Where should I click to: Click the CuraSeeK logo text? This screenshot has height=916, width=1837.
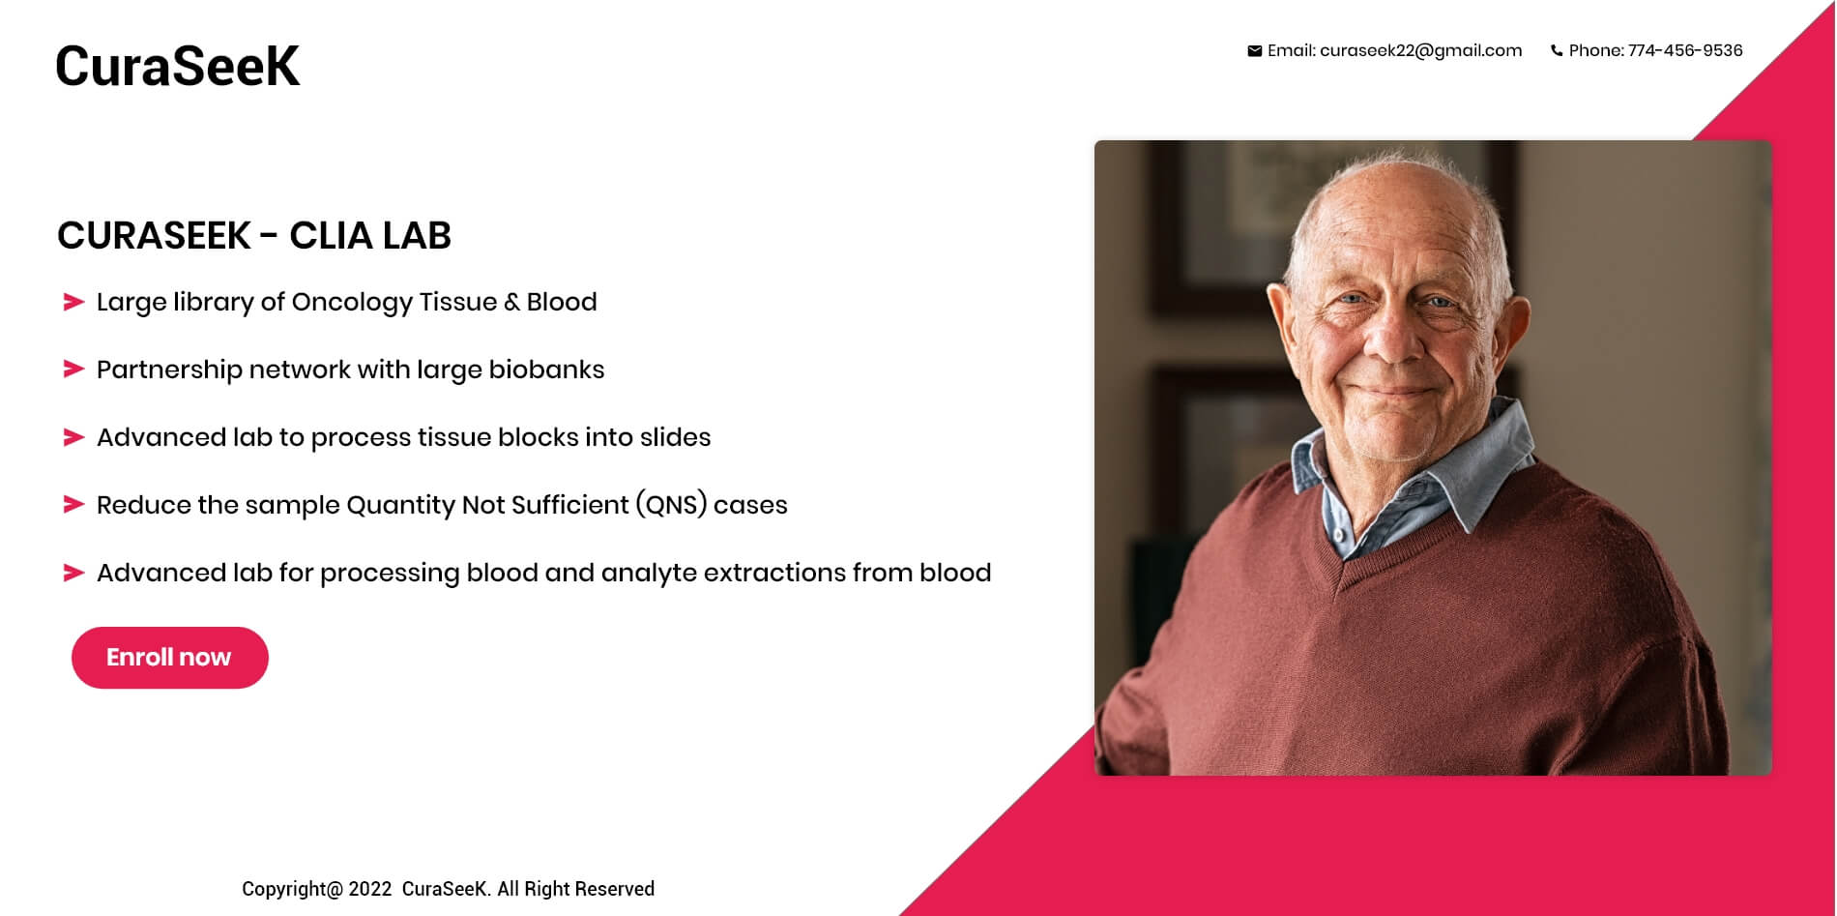(177, 67)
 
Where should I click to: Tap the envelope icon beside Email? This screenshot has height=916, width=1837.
(1254, 51)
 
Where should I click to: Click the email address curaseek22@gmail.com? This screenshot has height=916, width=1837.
(1420, 51)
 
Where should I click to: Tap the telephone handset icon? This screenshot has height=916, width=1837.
(1557, 51)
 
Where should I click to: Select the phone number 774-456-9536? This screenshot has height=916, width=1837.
(1685, 50)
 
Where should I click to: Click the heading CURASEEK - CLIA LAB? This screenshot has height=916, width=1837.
(254, 235)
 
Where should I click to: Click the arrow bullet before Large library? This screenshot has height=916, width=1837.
(73, 302)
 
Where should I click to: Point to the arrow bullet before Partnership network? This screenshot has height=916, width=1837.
(73, 369)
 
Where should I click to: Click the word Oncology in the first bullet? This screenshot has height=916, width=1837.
(351, 303)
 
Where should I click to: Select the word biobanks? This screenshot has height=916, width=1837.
(546, 369)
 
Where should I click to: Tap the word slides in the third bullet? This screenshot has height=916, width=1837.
(675, 437)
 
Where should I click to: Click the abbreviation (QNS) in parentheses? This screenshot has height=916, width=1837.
(671, 505)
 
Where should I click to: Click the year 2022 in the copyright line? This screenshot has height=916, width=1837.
(370, 889)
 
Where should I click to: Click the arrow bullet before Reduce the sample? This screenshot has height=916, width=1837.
(73, 505)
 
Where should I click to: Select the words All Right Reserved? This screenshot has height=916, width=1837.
(575, 889)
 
